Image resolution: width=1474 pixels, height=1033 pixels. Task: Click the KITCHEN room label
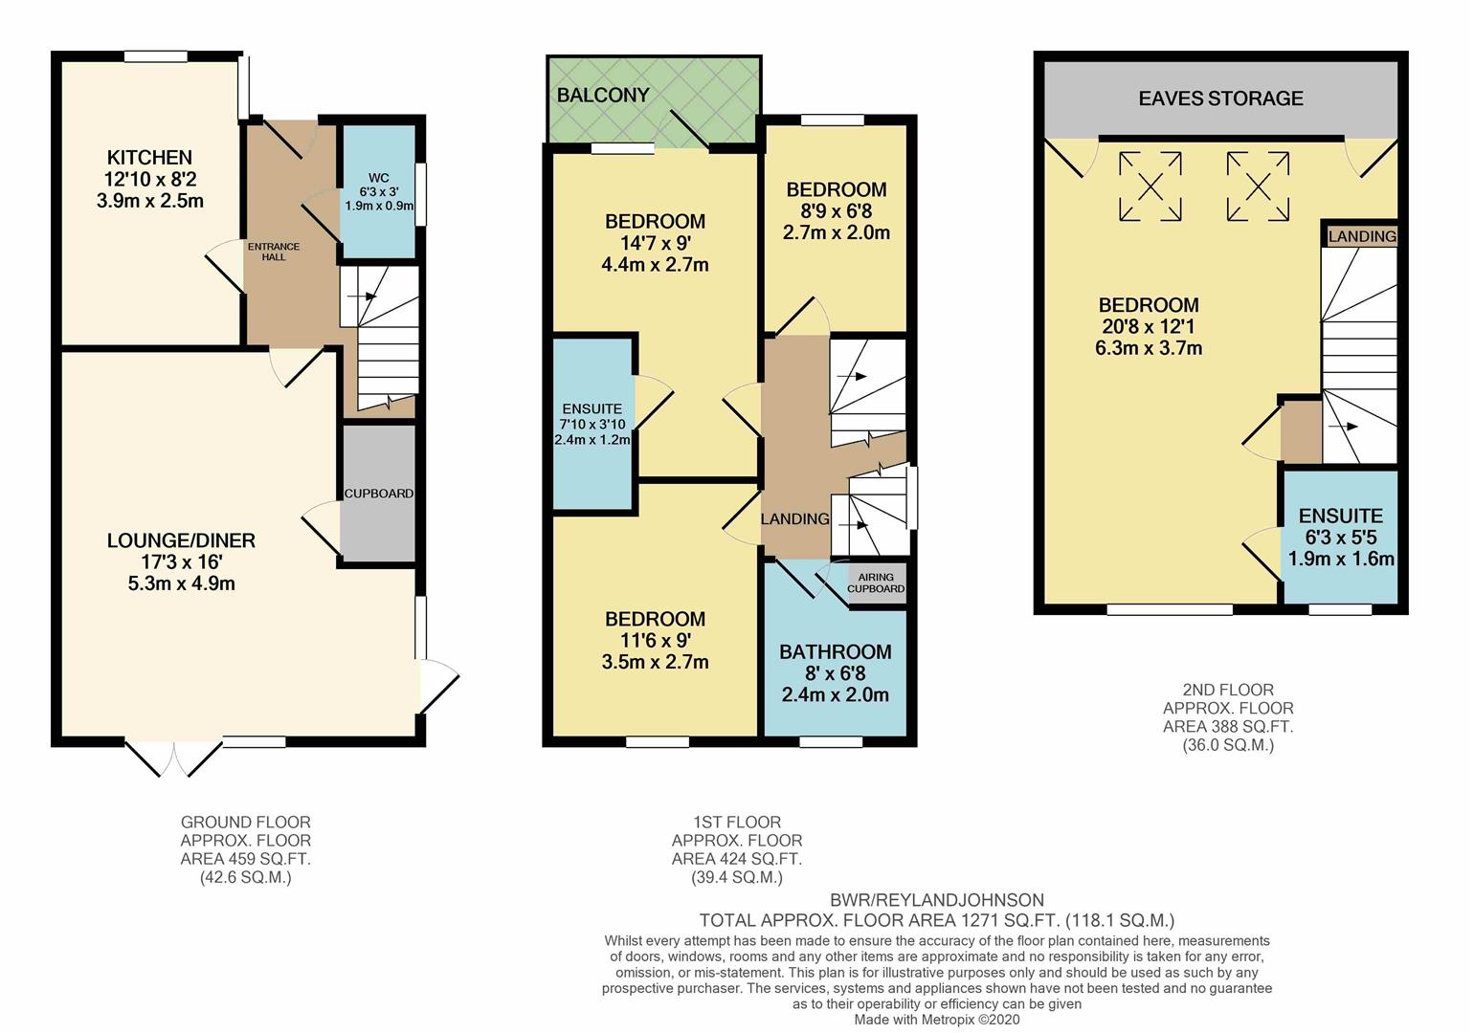[x=149, y=158]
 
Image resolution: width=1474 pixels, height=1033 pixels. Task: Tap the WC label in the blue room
[x=379, y=178]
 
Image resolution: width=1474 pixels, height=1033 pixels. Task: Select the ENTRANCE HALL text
[x=274, y=252]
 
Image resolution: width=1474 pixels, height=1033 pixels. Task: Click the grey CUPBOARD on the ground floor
[x=379, y=494]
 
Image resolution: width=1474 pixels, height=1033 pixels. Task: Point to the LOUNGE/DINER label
[x=181, y=540]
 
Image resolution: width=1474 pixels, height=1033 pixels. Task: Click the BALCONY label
[x=603, y=95]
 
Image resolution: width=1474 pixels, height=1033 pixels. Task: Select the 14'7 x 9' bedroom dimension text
[x=655, y=243]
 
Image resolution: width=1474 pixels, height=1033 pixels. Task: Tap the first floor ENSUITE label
[x=592, y=408]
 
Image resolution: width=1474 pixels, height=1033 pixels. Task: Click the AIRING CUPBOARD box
[x=876, y=582]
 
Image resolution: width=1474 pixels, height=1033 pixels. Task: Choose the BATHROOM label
[x=835, y=652]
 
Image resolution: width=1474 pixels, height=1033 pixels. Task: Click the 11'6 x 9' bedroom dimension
[x=655, y=641]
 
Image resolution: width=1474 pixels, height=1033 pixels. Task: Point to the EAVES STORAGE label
[x=1220, y=99]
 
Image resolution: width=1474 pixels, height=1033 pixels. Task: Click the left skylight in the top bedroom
[x=1150, y=187]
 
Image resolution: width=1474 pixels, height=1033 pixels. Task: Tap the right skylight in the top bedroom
[x=1258, y=187]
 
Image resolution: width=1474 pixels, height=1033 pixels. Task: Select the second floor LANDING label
[x=1361, y=236]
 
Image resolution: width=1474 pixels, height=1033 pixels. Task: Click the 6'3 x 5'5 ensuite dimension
[x=1340, y=538]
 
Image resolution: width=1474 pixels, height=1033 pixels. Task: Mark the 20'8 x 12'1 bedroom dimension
[x=1149, y=327]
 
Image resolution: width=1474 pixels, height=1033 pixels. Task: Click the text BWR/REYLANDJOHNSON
[x=937, y=900]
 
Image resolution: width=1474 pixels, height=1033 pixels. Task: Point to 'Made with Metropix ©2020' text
[x=937, y=1020]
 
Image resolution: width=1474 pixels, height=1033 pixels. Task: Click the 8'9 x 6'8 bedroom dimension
[x=836, y=211]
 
